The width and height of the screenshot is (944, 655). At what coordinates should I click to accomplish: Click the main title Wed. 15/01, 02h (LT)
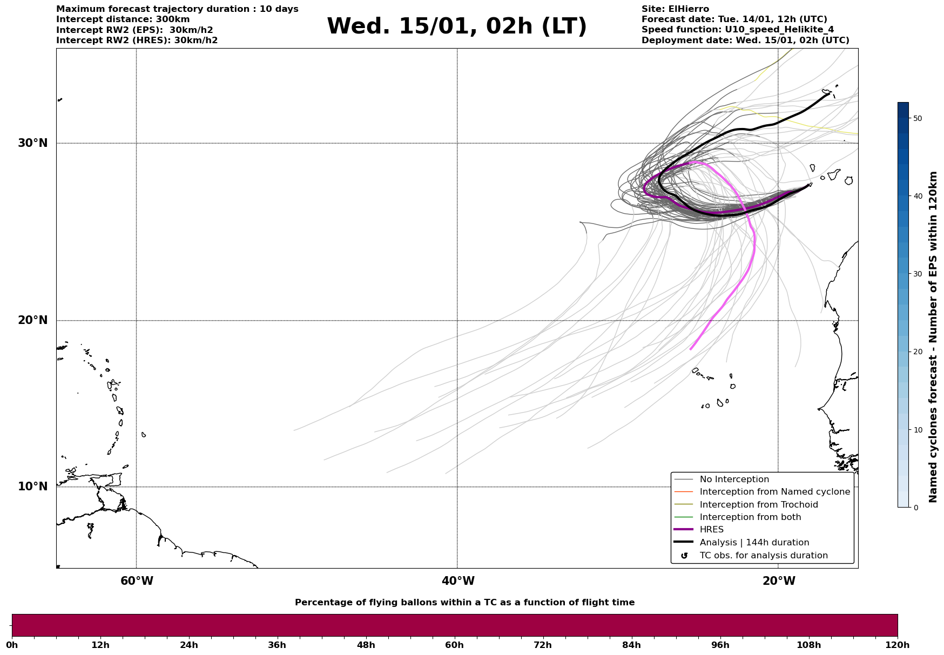coord(456,26)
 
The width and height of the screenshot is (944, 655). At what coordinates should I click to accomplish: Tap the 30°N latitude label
coord(32,143)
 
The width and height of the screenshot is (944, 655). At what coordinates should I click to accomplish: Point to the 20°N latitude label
coord(32,320)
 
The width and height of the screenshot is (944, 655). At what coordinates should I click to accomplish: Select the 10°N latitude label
coord(32,487)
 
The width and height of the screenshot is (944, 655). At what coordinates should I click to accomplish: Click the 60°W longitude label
coord(137,581)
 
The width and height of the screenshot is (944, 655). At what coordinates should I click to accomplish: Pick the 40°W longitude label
coord(458,581)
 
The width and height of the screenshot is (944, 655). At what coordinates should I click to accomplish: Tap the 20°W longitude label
coord(779,581)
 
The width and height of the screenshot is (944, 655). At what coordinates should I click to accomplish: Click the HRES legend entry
coord(711,530)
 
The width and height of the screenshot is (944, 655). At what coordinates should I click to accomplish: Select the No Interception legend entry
coord(734,480)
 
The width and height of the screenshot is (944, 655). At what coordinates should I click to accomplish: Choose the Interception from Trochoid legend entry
coord(758,505)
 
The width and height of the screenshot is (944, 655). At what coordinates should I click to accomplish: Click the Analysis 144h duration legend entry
coord(754,543)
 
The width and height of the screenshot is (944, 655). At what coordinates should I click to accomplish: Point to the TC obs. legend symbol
coord(684,556)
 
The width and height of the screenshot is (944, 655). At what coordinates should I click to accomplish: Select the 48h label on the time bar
coord(366,645)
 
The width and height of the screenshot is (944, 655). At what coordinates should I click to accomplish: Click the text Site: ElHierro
coord(675,9)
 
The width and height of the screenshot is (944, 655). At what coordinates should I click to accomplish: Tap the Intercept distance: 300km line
coord(123,19)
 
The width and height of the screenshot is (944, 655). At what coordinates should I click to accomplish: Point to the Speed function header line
coord(737,30)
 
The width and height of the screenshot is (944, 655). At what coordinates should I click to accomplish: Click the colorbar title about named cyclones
coord(933,337)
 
